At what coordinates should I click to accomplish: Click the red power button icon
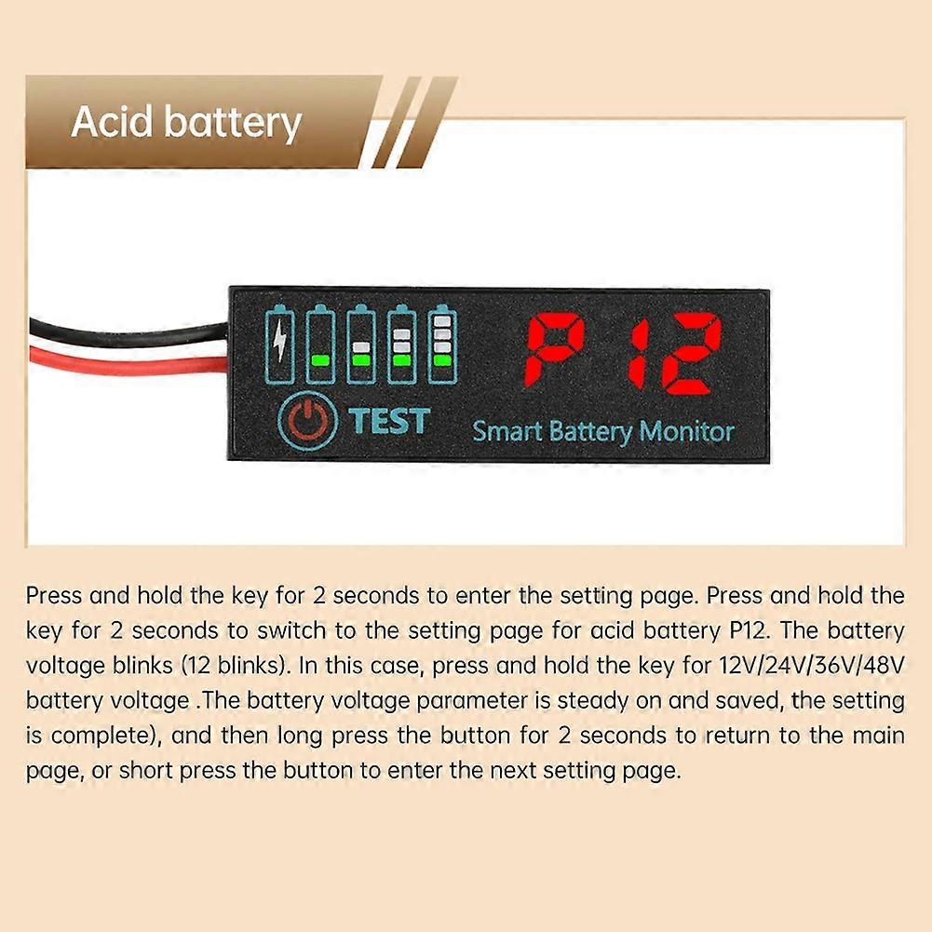point(308,420)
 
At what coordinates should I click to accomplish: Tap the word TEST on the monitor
point(389,421)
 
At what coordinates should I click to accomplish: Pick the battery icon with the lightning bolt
point(279,344)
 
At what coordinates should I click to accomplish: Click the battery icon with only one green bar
point(320,344)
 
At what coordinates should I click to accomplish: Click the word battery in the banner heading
point(233,124)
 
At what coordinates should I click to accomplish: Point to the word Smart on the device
point(507,430)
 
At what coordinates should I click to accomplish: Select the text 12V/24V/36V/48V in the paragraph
point(812,665)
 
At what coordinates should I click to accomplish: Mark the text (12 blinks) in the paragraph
point(236,666)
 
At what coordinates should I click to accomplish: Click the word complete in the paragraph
point(102,736)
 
